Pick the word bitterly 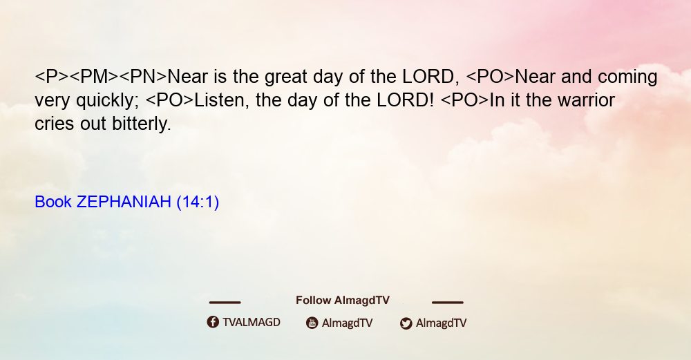(x=142, y=124)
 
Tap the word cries (x=55, y=124)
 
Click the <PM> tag (x=94, y=77)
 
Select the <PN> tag (x=143, y=77)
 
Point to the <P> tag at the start (x=52, y=77)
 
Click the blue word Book (x=53, y=202)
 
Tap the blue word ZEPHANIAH (x=124, y=202)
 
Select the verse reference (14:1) (x=198, y=202)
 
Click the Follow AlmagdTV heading (x=343, y=301)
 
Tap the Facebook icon (x=213, y=322)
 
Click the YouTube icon (x=312, y=323)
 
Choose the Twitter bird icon (x=406, y=323)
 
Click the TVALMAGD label (x=252, y=323)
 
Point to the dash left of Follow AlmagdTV (x=225, y=302)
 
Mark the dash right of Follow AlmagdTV (x=448, y=302)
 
